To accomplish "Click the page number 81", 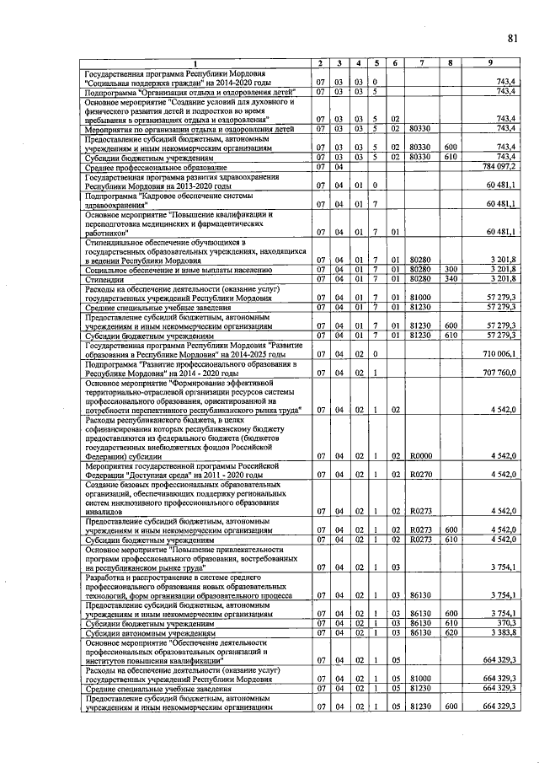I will tap(513, 38).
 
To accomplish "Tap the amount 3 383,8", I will tap(501, 632).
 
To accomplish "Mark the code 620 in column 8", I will tap(451, 632).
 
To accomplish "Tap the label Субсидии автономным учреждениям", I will tap(149, 632).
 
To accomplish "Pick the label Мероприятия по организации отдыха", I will tap(189, 130).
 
